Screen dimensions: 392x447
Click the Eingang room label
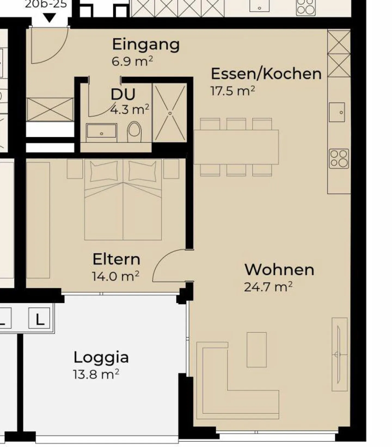click(146, 45)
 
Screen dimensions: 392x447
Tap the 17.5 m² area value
click(233, 91)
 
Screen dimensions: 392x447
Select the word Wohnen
click(279, 270)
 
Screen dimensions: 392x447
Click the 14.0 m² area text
click(116, 276)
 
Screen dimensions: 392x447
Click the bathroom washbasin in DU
click(102, 131)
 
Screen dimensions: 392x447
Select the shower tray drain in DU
click(170, 113)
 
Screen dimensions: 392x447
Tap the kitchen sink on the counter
click(337, 112)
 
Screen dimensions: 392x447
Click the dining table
click(236, 147)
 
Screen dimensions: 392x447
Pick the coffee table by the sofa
click(257, 350)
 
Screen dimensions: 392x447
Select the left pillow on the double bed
click(104, 171)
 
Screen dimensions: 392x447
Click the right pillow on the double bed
click(142, 171)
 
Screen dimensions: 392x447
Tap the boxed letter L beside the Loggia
click(39, 318)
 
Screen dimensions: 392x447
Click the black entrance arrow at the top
click(50, 19)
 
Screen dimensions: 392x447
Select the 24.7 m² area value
click(268, 287)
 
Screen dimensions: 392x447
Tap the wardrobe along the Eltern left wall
click(38, 220)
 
